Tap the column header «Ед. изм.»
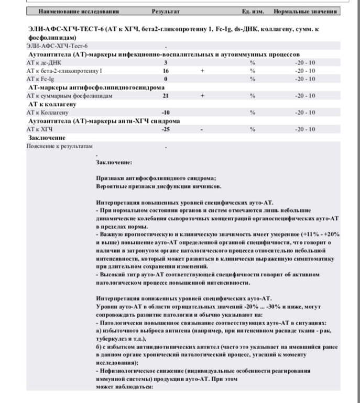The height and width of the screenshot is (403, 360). pos(253,12)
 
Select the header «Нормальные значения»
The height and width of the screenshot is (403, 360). pos(306,12)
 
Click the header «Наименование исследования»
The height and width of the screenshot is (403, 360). pos(79,12)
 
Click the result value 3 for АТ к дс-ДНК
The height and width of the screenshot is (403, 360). pos(166,63)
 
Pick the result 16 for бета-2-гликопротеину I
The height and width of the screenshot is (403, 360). pos(166,71)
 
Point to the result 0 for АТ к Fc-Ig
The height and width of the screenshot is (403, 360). pos(166,79)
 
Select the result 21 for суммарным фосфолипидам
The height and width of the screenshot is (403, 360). pos(166,96)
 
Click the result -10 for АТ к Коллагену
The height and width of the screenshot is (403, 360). pos(166,113)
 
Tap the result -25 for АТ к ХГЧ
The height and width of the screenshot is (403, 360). pos(166,129)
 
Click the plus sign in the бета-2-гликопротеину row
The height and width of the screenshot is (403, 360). pos(202,71)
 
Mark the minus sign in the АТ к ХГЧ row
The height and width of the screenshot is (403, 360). pos(202,129)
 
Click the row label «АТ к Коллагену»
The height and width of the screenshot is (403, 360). pos(47,113)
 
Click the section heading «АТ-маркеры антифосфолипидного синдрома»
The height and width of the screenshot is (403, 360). pos(96,87)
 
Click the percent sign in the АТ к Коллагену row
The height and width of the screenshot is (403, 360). pos(253,113)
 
